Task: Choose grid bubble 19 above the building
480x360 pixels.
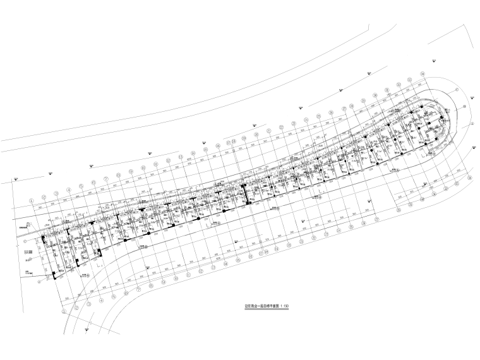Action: pyautogui.click(x=255, y=135)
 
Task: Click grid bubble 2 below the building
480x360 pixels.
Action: pyautogui.click(x=76, y=308)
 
